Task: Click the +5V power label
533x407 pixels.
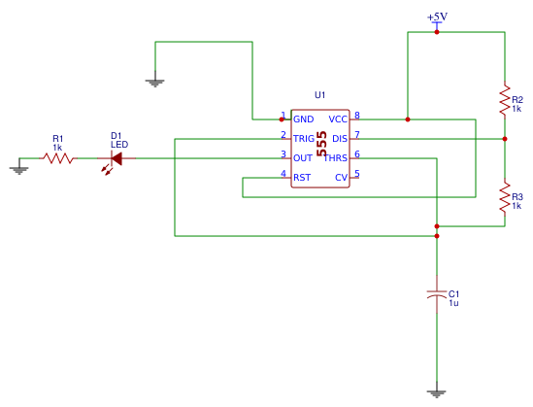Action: (x=437, y=17)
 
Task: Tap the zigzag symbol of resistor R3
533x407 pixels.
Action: (x=505, y=196)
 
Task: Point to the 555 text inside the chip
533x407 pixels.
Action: (x=321, y=146)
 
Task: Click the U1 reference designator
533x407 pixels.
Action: (x=320, y=94)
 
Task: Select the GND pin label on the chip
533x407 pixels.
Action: (x=303, y=119)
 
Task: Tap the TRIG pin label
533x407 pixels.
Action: (x=304, y=138)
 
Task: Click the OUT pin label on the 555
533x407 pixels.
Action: (x=303, y=157)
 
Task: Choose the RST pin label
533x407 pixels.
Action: (x=302, y=177)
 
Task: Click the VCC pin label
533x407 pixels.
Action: (x=338, y=119)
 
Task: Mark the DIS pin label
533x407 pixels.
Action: (x=340, y=138)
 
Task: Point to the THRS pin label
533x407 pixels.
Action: (x=335, y=157)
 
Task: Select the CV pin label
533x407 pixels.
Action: (x=341, y=177)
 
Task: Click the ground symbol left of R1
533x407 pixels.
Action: (x=18, y=168)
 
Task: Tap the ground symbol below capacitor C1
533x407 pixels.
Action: (x=437, y=392)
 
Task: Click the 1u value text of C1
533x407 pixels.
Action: (x=453, y=303)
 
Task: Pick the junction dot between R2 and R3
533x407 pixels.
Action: (x=505, y=138)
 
